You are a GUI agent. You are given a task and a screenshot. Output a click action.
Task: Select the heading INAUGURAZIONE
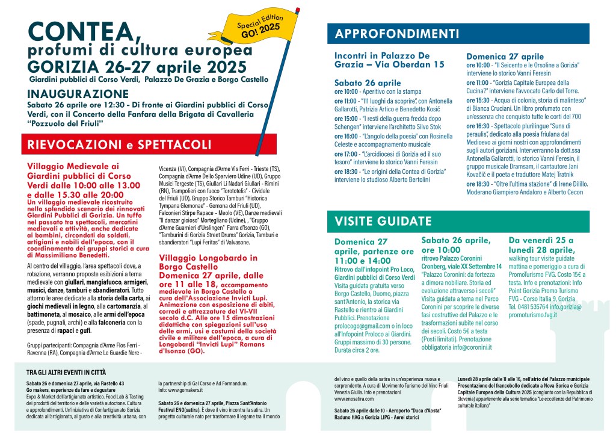(78, 94)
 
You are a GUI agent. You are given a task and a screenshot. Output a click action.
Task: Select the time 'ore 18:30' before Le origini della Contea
(346, 172)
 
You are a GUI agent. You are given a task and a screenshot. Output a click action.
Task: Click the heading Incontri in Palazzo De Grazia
(389, 59)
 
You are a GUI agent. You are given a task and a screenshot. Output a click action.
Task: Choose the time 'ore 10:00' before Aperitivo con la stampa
(346, 91)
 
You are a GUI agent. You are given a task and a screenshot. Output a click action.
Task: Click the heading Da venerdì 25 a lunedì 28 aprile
(542, 244)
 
